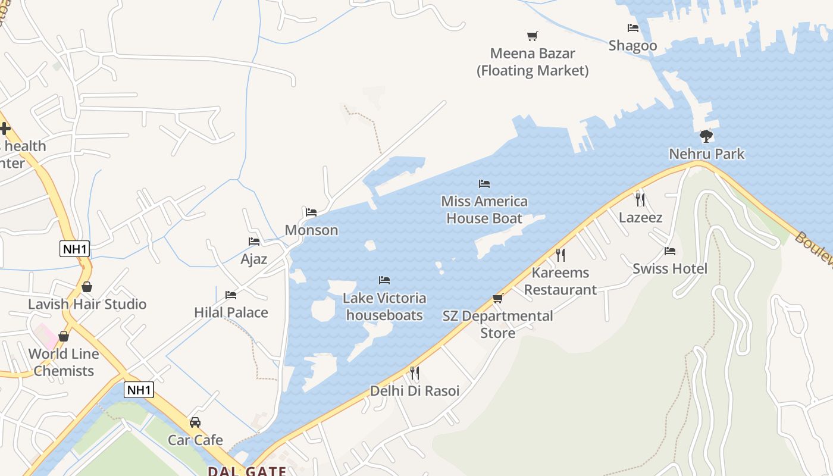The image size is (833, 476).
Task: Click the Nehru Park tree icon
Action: [706, 136]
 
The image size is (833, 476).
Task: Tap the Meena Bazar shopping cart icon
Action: [533, 36]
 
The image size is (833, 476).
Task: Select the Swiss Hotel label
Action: [670, 268]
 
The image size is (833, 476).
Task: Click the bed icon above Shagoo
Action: [632, 28]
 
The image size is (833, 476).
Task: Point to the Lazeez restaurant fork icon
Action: [640, 199]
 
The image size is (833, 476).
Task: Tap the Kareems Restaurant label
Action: [560, 281]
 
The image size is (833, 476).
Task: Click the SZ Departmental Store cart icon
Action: [498, 298]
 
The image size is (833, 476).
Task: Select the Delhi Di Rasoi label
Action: [415, 391]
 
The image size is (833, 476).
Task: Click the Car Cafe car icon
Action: [195, 422]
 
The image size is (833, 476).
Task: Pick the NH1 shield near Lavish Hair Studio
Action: [75, 249]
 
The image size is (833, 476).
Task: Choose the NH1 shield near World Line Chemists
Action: [139, 390]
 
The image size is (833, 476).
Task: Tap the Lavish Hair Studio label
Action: [87, 304]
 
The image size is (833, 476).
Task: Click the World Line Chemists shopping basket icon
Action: [64, 336]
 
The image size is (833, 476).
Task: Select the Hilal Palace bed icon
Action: [231, 295]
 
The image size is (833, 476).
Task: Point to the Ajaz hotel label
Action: [253, 259]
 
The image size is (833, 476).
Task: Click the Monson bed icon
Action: [311, 212]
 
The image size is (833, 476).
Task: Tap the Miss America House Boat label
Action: [484, 209]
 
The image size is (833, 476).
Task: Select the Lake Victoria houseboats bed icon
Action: [384, 280]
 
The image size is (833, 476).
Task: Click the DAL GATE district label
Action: [246, 471]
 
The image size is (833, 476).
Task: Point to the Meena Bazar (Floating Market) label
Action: [533, 62]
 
